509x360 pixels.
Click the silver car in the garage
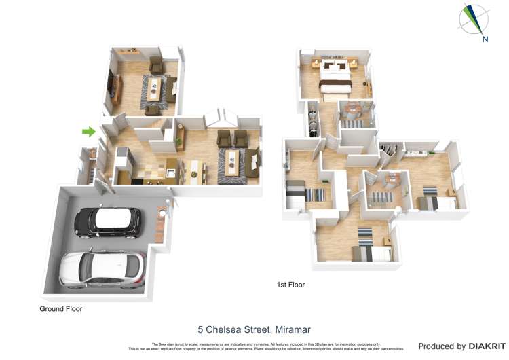(x=102, y=268)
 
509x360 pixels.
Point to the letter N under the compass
(x=485, y=39)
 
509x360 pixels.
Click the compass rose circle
(x=473, y=18)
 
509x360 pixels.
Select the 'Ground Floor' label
(x=60, y=308)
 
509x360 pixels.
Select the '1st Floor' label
(x=290, y=285)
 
